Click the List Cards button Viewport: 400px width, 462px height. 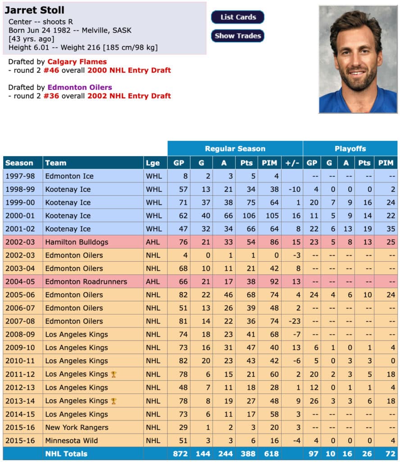[238, 17]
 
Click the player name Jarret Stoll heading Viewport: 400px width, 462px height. [35, 10]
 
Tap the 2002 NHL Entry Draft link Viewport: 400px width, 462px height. [129, 96]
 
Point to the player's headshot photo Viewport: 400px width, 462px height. [358, 59]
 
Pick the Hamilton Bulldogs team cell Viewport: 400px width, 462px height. [77, 242]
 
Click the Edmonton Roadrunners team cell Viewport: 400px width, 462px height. [86, 282]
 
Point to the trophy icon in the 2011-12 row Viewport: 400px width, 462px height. [114, 374]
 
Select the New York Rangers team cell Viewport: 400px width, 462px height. [77, 427]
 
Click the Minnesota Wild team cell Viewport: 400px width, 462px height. [71, 440]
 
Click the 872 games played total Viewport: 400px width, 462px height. [179, 454]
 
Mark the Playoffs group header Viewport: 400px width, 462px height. [350, 148]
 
